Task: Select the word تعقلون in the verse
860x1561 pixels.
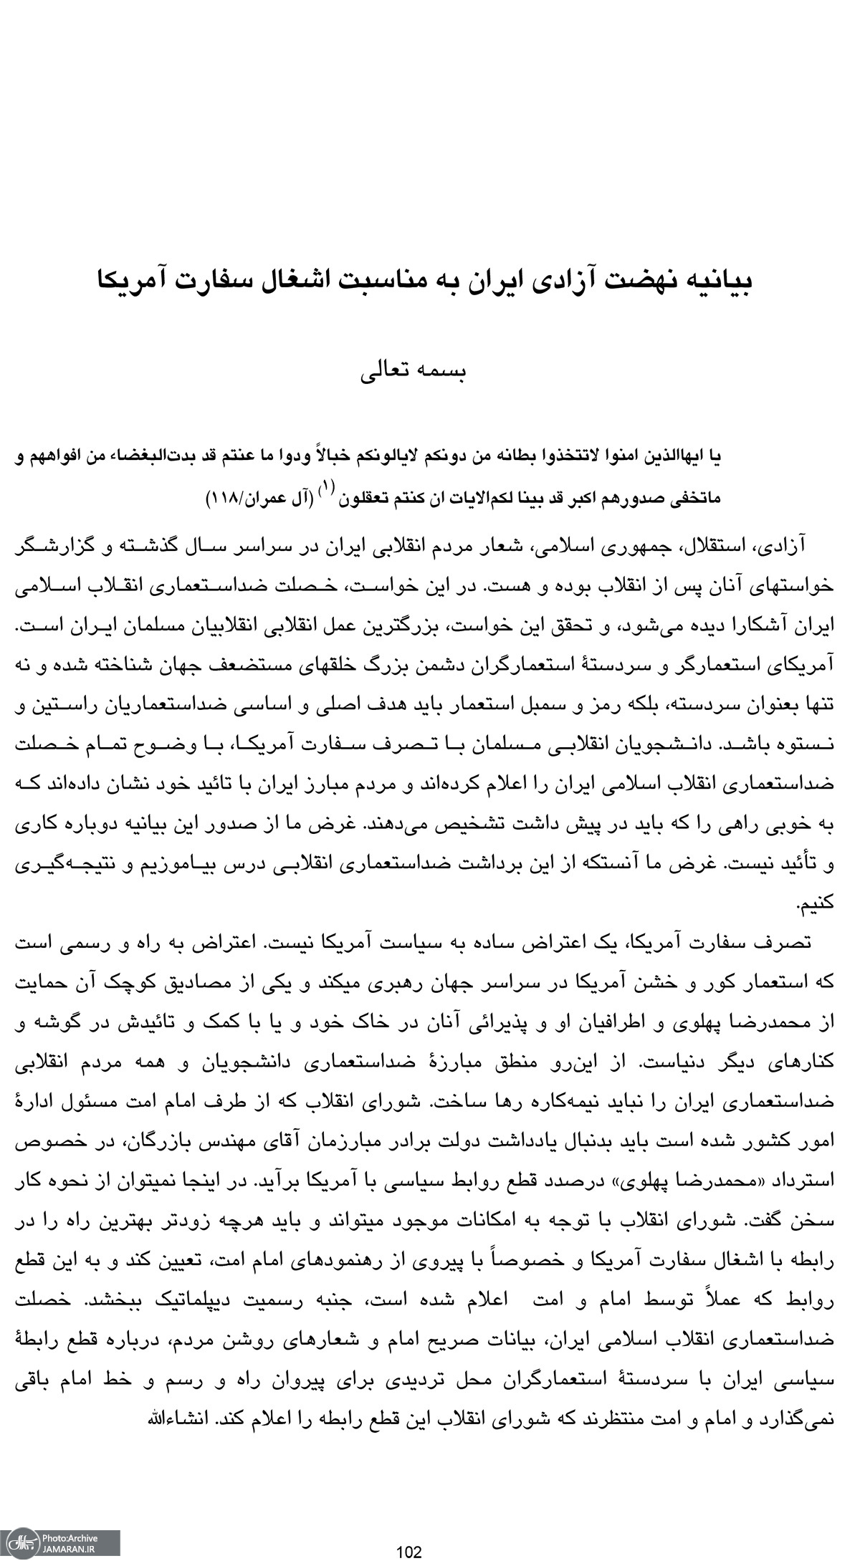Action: coord(365,496)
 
